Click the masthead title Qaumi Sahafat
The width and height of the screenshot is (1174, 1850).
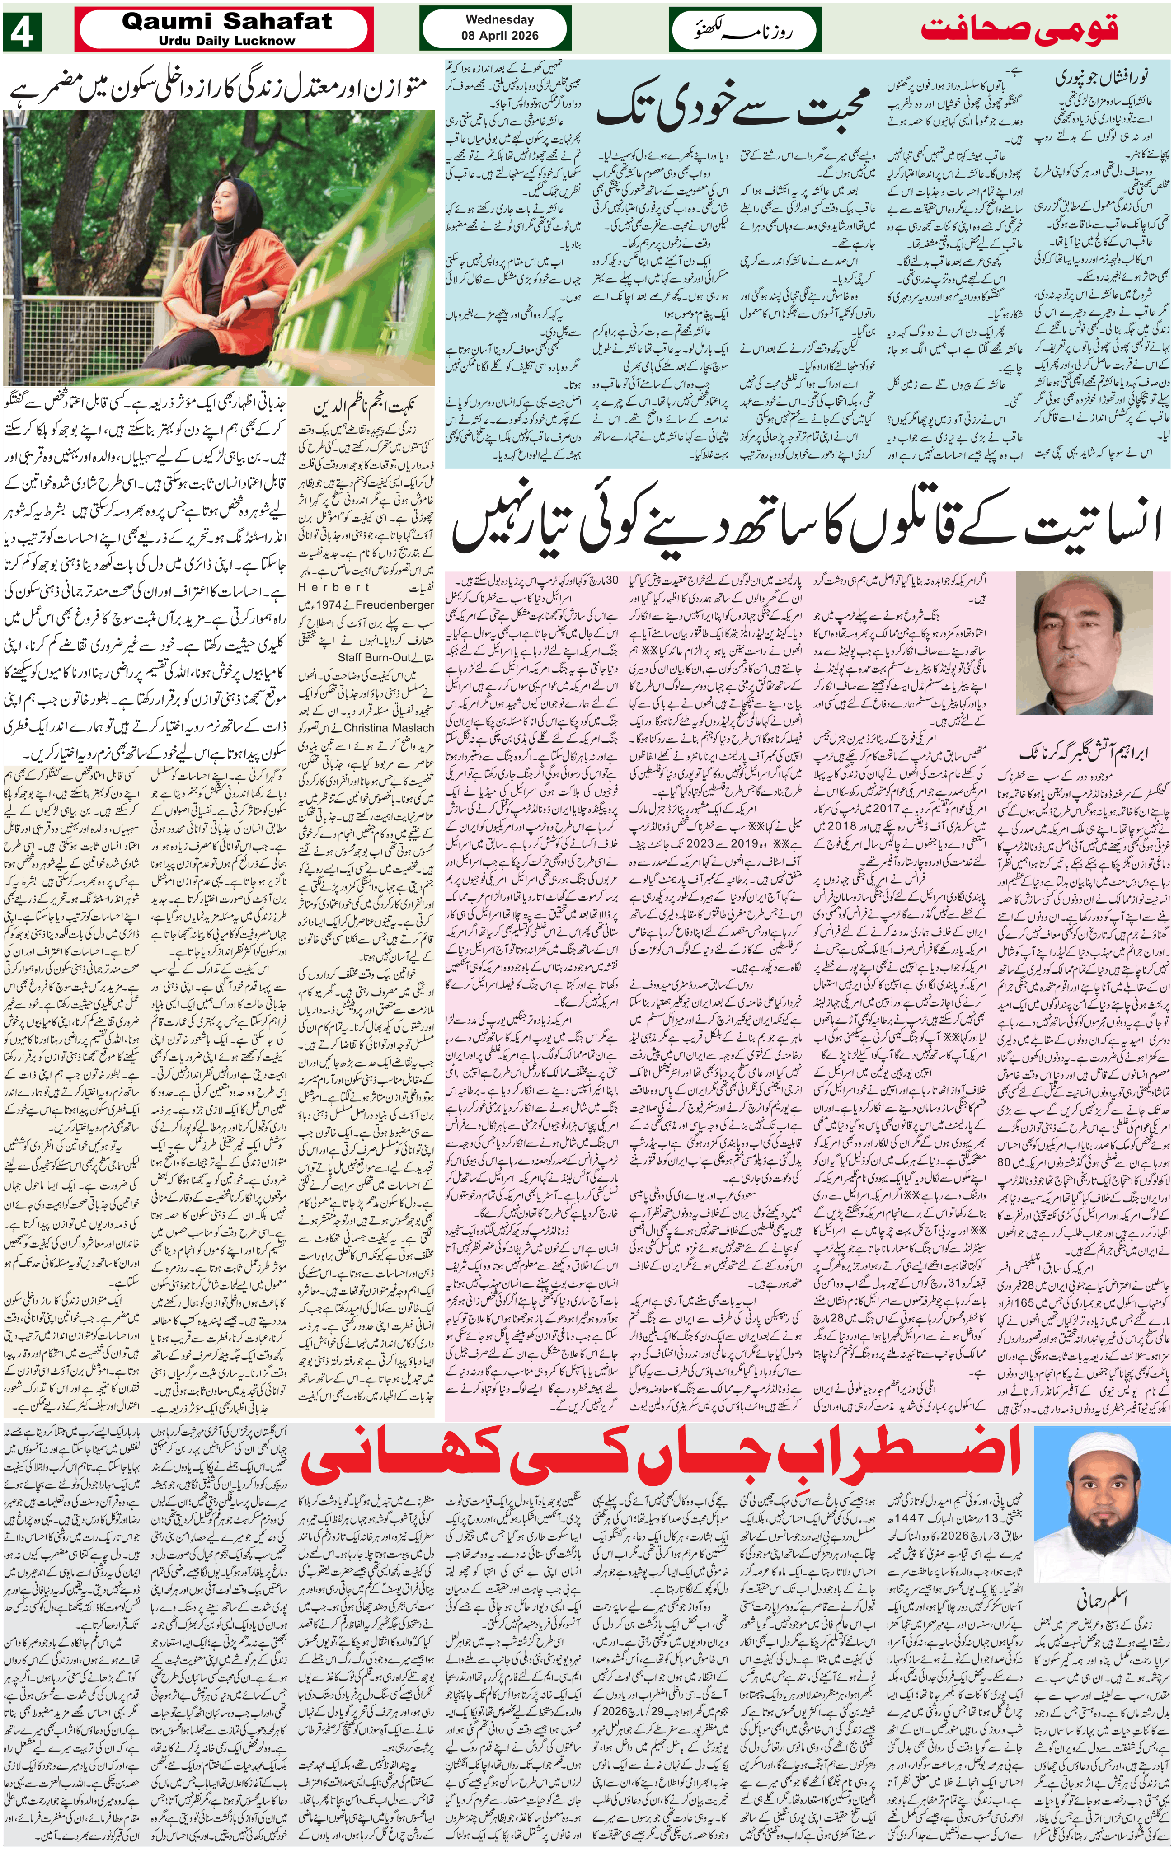[227, 22]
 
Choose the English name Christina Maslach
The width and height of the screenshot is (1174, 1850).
[389, 727]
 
